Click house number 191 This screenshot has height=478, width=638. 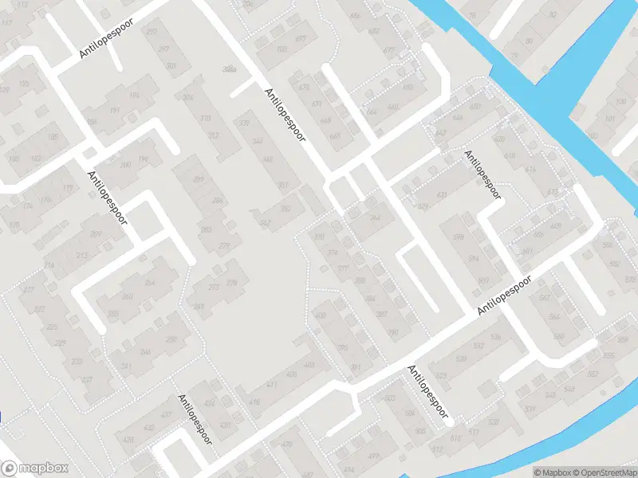coord(114,112)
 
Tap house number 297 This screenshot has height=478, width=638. coord(164,49)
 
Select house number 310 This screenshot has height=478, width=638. coord(205,118)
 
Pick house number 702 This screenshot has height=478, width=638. coord(282,49)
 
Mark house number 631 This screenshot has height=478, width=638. coord(442,195)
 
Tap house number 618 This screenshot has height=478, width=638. coord(510,155)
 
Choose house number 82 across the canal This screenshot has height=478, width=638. coord(552,15)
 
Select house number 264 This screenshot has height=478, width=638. coord(149,282)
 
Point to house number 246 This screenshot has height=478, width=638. coord(145,351)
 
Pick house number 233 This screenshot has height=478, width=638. coord(77,361)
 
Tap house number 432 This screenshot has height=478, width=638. coord(210,403)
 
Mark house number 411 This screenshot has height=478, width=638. coord(271,385)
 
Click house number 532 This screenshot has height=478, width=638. coord(478,345)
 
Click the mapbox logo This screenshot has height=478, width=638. coord(35,468)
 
